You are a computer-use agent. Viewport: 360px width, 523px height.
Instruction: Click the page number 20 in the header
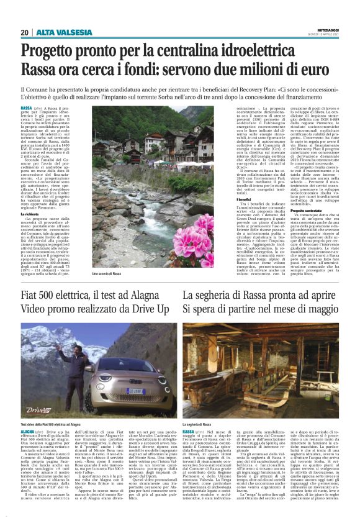pos(24,32)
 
